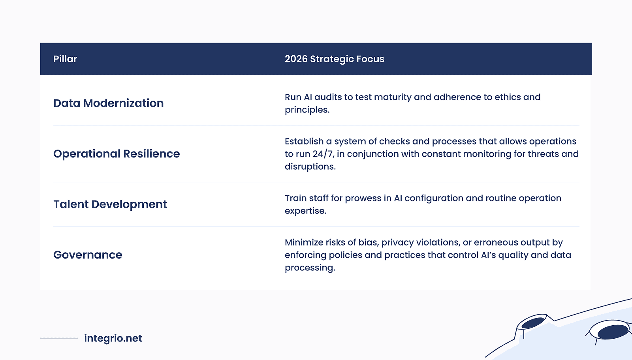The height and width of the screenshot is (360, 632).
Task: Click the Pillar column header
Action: (x=65, y=59)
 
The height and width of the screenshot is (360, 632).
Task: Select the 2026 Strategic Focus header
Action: (x=334, y=59)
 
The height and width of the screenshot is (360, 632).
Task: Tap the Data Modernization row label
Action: (x=108, y=103)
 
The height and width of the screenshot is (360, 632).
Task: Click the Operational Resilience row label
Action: (x=117, y=154)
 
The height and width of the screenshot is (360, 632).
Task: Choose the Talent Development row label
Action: (x=110, y=204)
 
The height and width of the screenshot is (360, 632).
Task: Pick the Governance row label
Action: (x=88, y=255)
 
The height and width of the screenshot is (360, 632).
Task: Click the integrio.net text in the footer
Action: (x=113, y=338)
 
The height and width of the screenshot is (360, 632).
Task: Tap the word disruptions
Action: (x=310, y=167)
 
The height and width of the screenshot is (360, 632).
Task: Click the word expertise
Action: (x=305, y=211)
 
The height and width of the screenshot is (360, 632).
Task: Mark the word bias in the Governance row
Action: (x=368, y=242)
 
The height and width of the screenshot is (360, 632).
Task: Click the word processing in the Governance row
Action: (x=309, y=268)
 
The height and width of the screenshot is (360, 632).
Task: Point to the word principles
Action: (x=307, y=110)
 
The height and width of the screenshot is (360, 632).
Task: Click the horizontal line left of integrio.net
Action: (x=59, y=338)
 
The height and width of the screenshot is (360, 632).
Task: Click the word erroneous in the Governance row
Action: (x=496, y=242)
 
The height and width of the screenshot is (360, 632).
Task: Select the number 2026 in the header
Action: (x=296, y=59)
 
